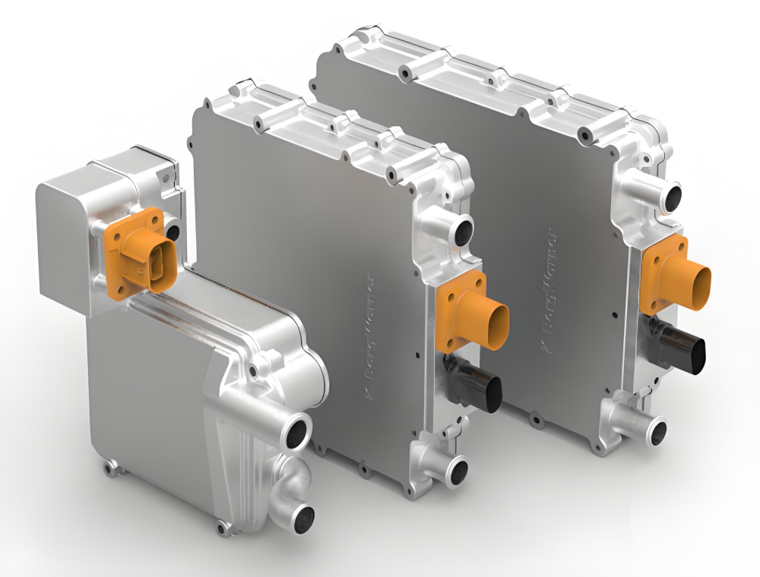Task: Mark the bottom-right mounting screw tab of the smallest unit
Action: point(222,527)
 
